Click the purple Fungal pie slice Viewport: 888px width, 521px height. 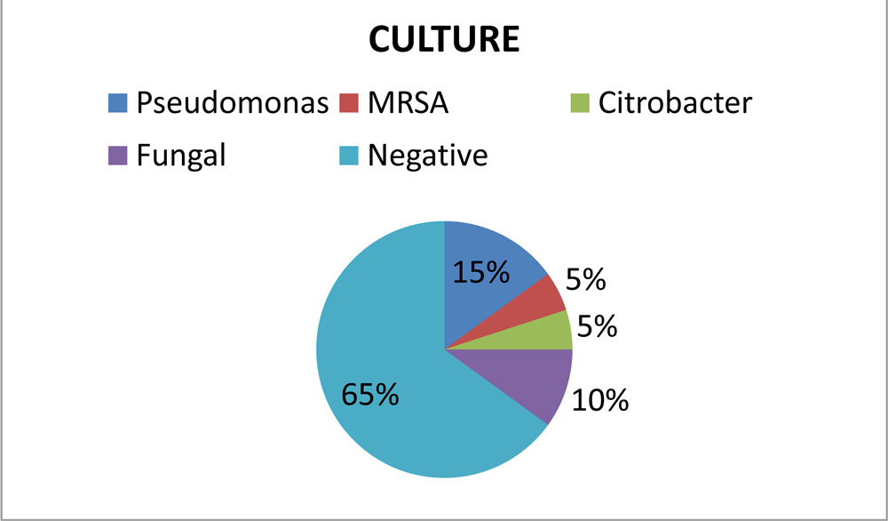[x=533, y=379]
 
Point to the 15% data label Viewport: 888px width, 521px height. [x=481, y=272]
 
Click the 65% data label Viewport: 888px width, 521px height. [x=369, y=394]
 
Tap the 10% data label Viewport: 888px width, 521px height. [x=600, y=401]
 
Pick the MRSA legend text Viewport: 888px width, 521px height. [x=408, y=104]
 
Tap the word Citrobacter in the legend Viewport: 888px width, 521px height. [x=674, y=104]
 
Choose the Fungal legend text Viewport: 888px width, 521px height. [x=181, y=156]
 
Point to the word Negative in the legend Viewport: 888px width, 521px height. [x=428, y=156]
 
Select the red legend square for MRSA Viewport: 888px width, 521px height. [x=349, y=103]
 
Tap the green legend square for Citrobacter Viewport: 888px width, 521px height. [x=578, y=103]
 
